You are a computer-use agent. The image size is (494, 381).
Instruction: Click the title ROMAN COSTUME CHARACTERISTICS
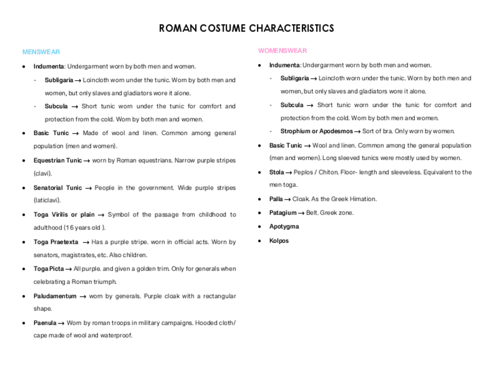(x=246, y=29)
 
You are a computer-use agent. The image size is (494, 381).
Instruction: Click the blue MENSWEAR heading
(x=41, y=52)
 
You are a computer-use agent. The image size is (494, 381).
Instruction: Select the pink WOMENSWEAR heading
(x=283, y=51)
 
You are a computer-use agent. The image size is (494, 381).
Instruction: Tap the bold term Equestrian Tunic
(x=58, y=161)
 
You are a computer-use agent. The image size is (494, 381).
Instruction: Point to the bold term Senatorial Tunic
(x=58, y=188)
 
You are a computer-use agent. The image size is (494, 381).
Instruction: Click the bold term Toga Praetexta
(x=56, y=242)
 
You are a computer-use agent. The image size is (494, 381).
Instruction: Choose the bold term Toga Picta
(x=48, y=269)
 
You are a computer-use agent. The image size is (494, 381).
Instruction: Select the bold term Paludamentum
(x=55, y=296)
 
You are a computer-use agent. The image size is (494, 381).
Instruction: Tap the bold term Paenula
(x=45, y=323)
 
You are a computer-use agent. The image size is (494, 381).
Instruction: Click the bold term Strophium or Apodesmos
(x=316, y=131)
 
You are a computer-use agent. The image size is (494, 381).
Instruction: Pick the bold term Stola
(x=276, y=172)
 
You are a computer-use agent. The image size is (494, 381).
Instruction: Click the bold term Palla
(x=276, y=199)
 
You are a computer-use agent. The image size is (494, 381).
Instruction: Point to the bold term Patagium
(x=283, y=213)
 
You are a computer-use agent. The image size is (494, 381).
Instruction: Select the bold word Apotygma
(x=284, y=226)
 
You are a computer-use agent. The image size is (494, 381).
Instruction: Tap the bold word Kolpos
(x=278, y=241)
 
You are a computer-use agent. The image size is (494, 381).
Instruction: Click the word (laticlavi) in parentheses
(x=47, y=200)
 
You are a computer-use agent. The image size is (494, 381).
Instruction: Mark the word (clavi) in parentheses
(x=43, y=173)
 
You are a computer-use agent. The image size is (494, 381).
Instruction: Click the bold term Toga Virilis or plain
(x=64, y=215)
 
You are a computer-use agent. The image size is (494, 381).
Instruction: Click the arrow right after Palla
(x=287, y=200)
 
